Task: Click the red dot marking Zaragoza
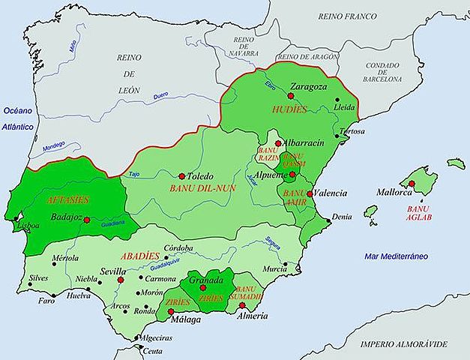tap(291, 96)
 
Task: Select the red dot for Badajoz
tap(87, 220)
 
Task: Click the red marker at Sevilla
tap(120, 280)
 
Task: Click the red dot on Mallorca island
tap(412, 183)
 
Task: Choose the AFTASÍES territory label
tap(67, 200)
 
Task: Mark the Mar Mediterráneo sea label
tap(397, 256)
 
